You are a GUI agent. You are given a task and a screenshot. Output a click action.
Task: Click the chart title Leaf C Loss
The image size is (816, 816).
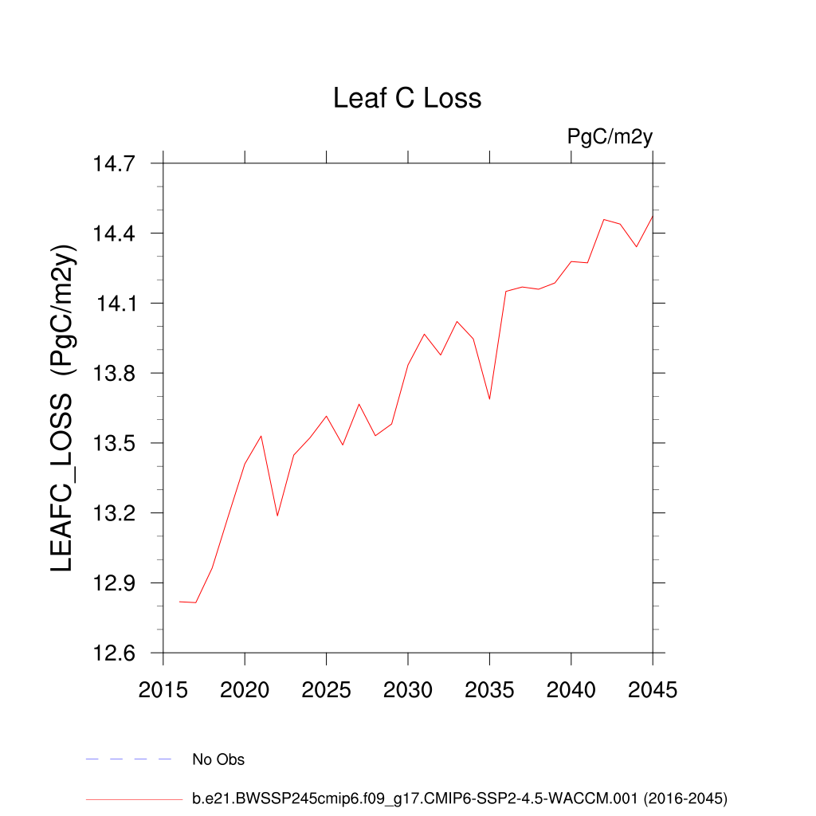pyautogui.click(x=407, y=98)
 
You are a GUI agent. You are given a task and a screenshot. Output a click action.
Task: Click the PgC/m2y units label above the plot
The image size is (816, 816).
pyautogui.click(x=610, y=137)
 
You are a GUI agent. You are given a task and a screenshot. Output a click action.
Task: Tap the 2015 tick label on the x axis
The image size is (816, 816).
pyautogui.click(x=163, y=690)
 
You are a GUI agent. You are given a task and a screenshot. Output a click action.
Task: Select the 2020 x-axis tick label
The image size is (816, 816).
pyautogui.click(x=245, y=690)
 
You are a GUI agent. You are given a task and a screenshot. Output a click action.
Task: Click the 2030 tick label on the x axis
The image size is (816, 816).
pyautogui.click(x=408, y=690)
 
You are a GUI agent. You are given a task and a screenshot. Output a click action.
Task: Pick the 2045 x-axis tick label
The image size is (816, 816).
pyautogui.click(x=653, y=690)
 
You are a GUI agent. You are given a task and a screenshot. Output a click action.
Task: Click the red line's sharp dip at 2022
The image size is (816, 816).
pyautogui.click(x=277, y=516)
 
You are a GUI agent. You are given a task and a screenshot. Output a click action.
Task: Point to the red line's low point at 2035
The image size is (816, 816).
pyautogui.click(x=489, y=398)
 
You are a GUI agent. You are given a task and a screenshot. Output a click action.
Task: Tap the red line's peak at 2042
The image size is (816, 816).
pyautogui.click(x=604, y=219)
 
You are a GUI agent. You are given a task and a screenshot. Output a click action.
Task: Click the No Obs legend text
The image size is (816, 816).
pyautogui.click(x=218, y=759)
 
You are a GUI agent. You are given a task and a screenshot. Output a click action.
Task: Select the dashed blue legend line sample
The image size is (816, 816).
pyautogui.click(x=128, y=759)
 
